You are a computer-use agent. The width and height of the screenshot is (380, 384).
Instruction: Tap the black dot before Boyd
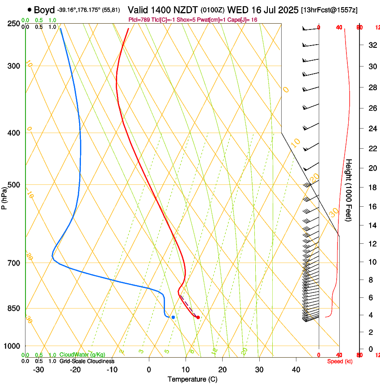[30, 10]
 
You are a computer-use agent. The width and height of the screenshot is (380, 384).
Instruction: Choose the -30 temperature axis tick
[38, 370]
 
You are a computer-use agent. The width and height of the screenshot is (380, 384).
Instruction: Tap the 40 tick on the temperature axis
[296, 370]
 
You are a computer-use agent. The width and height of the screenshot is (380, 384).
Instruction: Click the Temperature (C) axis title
[192, 379]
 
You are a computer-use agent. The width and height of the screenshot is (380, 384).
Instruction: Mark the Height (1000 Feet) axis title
[349, 190]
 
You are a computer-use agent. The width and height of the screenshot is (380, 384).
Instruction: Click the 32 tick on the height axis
[371, 45]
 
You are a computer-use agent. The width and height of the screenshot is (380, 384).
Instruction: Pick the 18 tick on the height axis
[371, 188]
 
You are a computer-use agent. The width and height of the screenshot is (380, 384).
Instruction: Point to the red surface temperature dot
[198, 317]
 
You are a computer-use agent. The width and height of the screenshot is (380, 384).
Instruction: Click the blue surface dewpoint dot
[173, 317]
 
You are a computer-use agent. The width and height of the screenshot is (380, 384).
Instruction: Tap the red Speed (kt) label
[339, 361]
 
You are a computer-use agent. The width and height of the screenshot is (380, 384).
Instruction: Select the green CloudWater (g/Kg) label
[83, 355]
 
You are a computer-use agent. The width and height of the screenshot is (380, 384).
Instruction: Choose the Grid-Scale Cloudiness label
[87, 361]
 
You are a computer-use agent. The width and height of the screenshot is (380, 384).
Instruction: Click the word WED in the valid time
[236, 10]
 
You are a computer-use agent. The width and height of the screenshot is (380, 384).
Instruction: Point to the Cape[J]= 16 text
[243, 20]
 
